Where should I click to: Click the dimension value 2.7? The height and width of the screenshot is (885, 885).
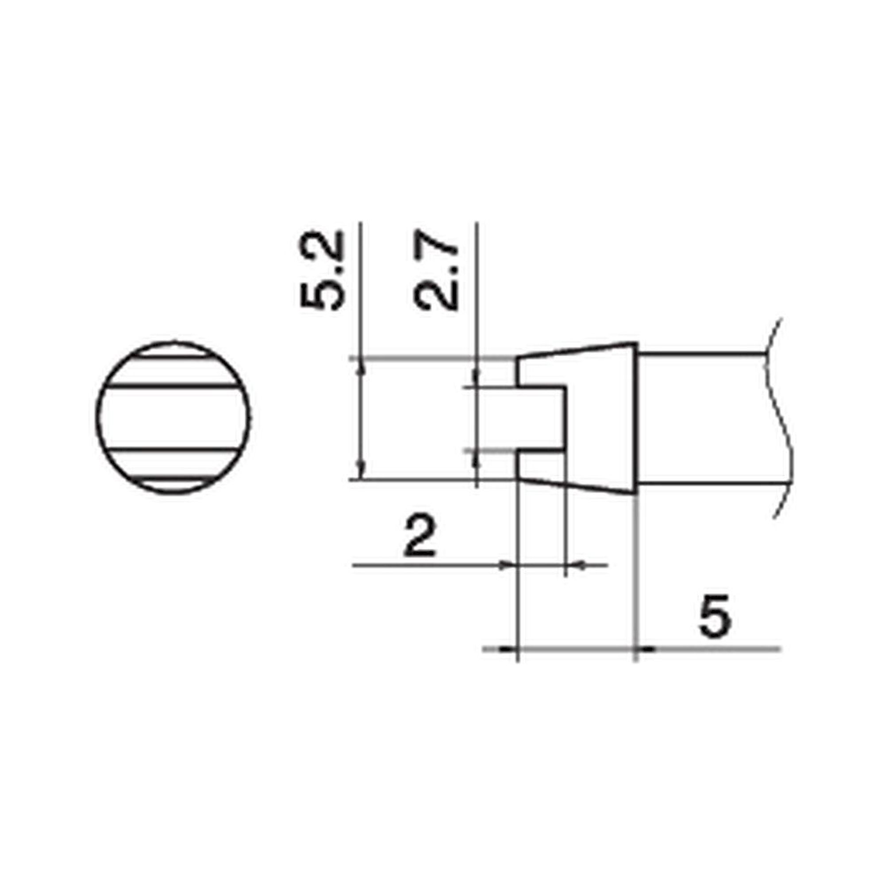[435, 271]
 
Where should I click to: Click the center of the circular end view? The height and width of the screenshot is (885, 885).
[173, 417]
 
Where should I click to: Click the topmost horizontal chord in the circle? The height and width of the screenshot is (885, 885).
[173, 356]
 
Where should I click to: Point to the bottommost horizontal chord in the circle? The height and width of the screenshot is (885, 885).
[173, 478]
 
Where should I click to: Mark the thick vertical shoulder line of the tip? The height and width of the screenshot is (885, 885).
[636, 418]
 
